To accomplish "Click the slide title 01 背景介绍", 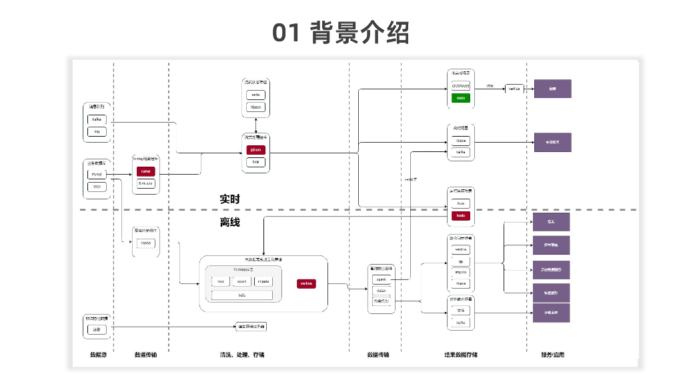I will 341,32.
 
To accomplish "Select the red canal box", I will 145,171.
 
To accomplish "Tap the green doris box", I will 460,98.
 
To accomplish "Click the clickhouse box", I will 460,86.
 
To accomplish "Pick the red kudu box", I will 460,215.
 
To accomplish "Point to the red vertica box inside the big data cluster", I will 306,283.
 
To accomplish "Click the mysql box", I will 97,175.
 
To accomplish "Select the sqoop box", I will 145,243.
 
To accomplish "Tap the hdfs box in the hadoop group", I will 242,294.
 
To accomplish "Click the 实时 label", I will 229,199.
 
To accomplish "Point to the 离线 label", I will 229,222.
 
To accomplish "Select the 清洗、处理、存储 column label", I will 241,355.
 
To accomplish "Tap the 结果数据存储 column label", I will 461,355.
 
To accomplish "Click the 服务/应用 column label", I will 552,355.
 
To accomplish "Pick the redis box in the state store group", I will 255,95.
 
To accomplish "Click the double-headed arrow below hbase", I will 255,124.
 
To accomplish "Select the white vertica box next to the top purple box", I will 514,89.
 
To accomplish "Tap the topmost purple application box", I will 552,89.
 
